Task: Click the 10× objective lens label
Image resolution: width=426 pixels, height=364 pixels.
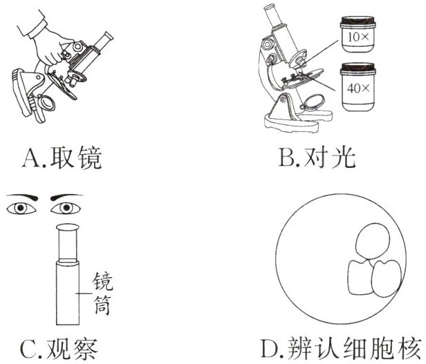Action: (358, 37)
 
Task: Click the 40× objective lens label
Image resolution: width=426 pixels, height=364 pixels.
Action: (358, 88)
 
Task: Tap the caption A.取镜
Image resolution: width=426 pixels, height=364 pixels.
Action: (62, 158)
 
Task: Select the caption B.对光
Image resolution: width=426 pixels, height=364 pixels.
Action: (317, 157)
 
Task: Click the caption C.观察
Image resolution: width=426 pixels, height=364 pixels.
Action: (59, 349)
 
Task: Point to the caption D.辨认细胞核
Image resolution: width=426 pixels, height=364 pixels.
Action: (341, 348)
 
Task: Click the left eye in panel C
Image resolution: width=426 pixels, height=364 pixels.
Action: (21, 208)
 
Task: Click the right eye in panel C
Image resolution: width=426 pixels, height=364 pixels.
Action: (66, 208)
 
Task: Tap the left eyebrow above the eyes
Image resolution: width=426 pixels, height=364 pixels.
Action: (22, 197)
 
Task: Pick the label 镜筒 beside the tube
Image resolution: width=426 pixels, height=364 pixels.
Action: (102, 294)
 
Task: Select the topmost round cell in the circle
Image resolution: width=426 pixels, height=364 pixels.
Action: (373, 241)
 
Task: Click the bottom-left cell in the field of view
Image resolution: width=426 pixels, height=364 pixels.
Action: (360, 277)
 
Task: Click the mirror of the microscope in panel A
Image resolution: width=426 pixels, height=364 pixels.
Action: (47, 103)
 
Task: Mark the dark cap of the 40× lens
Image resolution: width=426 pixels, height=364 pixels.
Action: (358, 68)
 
